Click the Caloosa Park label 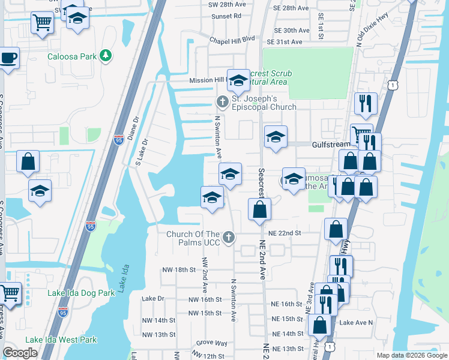pos(72,56)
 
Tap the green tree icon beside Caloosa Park pos(106,56)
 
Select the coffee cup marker pos(8,59)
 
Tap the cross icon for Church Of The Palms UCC pos(228,238)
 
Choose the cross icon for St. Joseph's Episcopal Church pos(221,101)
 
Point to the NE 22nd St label pos(285,232)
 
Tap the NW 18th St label pos(179,270)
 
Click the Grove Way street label pos(211,343)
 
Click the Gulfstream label pos(331,145)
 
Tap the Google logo pos(20,353)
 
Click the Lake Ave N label pos(356,323)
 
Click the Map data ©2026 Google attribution pos(411,355)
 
